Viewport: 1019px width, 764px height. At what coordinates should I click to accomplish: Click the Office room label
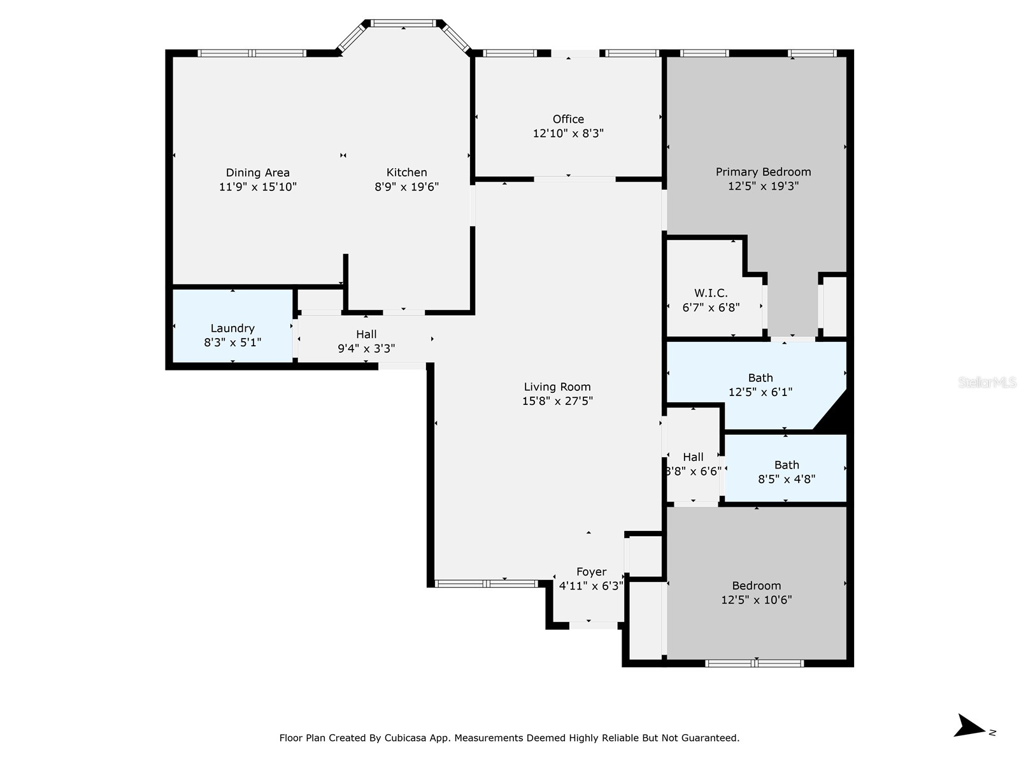[568, 119]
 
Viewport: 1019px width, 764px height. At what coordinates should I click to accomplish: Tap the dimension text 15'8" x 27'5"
[557, 401]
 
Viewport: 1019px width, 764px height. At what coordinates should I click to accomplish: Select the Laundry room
[232, 329]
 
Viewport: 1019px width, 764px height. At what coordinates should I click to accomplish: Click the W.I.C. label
[711, 293]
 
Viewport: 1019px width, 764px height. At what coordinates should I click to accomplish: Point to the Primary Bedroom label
[763, 172]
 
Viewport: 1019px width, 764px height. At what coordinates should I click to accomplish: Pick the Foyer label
[591, 572]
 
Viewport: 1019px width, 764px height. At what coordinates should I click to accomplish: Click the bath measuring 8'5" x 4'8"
[786, 472]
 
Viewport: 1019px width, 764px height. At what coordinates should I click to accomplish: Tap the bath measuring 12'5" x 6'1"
[760, 385]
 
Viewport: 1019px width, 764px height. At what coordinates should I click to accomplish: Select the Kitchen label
[406, 173]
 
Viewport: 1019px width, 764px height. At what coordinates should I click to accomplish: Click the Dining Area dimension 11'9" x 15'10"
[258, 187]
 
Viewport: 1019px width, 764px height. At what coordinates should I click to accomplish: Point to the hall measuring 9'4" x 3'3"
[366, 341]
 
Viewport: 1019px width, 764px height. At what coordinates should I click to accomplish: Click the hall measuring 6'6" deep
[693, 464]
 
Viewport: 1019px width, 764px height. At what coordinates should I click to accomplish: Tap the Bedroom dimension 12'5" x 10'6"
[757, 600]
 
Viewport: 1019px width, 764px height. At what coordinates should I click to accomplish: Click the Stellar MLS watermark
[987, 382]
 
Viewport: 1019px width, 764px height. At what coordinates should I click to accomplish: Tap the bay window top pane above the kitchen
[403, 24]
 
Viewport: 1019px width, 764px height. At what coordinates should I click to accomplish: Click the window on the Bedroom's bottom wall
[754, 663]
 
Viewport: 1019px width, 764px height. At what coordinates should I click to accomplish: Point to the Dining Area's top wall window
[252, 53]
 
